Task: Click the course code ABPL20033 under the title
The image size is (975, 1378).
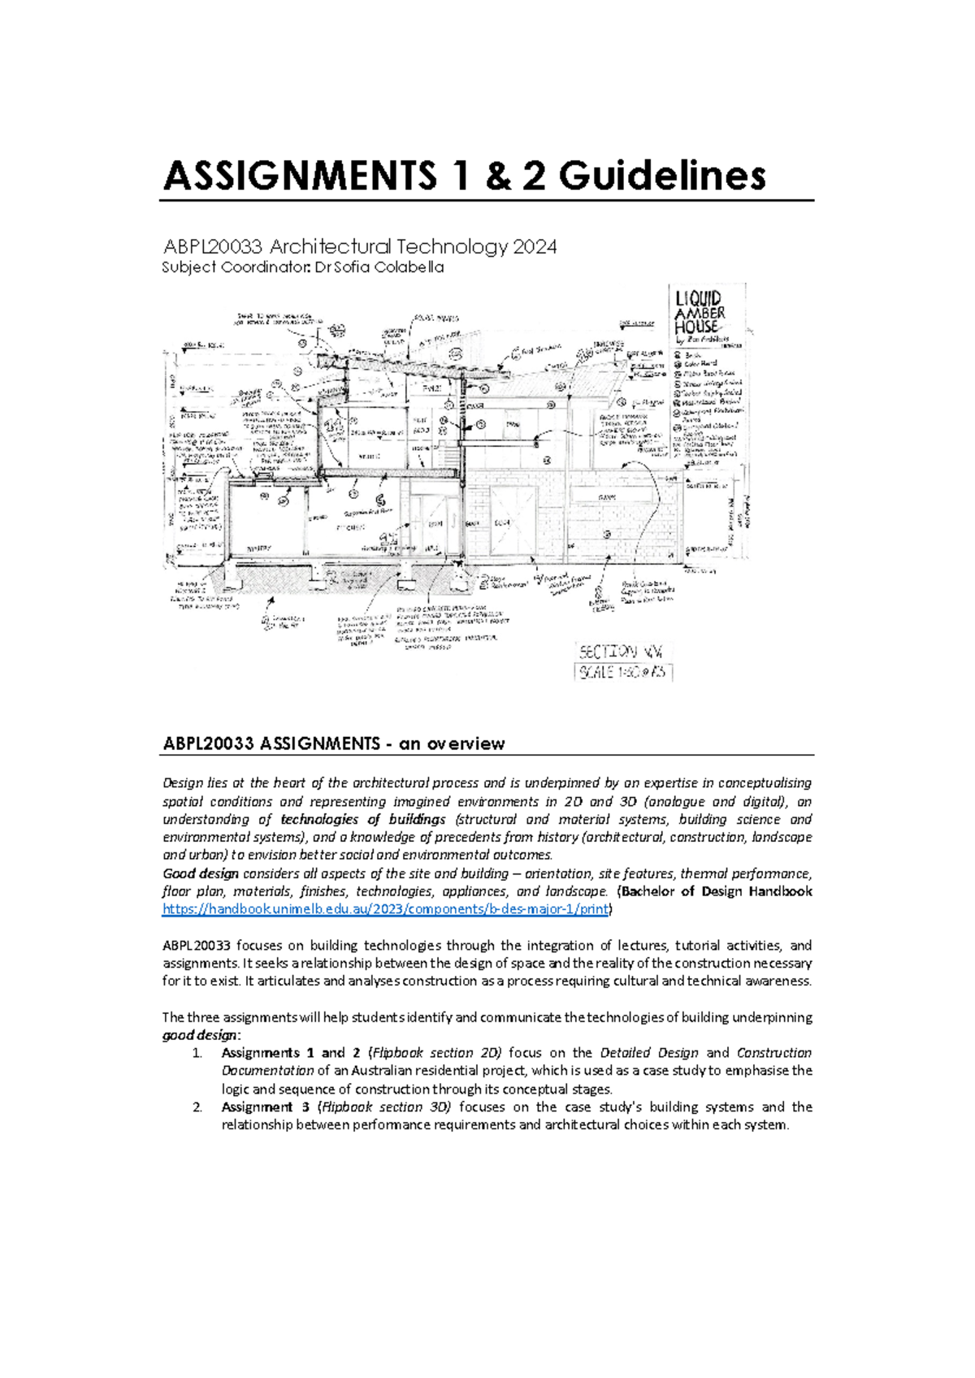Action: (x=214, y=246)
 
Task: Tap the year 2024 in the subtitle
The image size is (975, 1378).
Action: (x=535, y=246)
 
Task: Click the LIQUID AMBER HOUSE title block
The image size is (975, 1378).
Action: (x=700, y=314)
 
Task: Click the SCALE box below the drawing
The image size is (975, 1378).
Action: (x=623, y=672)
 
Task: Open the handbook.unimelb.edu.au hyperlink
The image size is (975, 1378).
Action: (x=385, y=909)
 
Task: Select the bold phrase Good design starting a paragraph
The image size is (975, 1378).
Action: (x=201, y=873)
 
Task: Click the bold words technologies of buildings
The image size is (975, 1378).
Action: (x=363, y=819)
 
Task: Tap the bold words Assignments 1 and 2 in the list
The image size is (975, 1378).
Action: (x=284, y=1053)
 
